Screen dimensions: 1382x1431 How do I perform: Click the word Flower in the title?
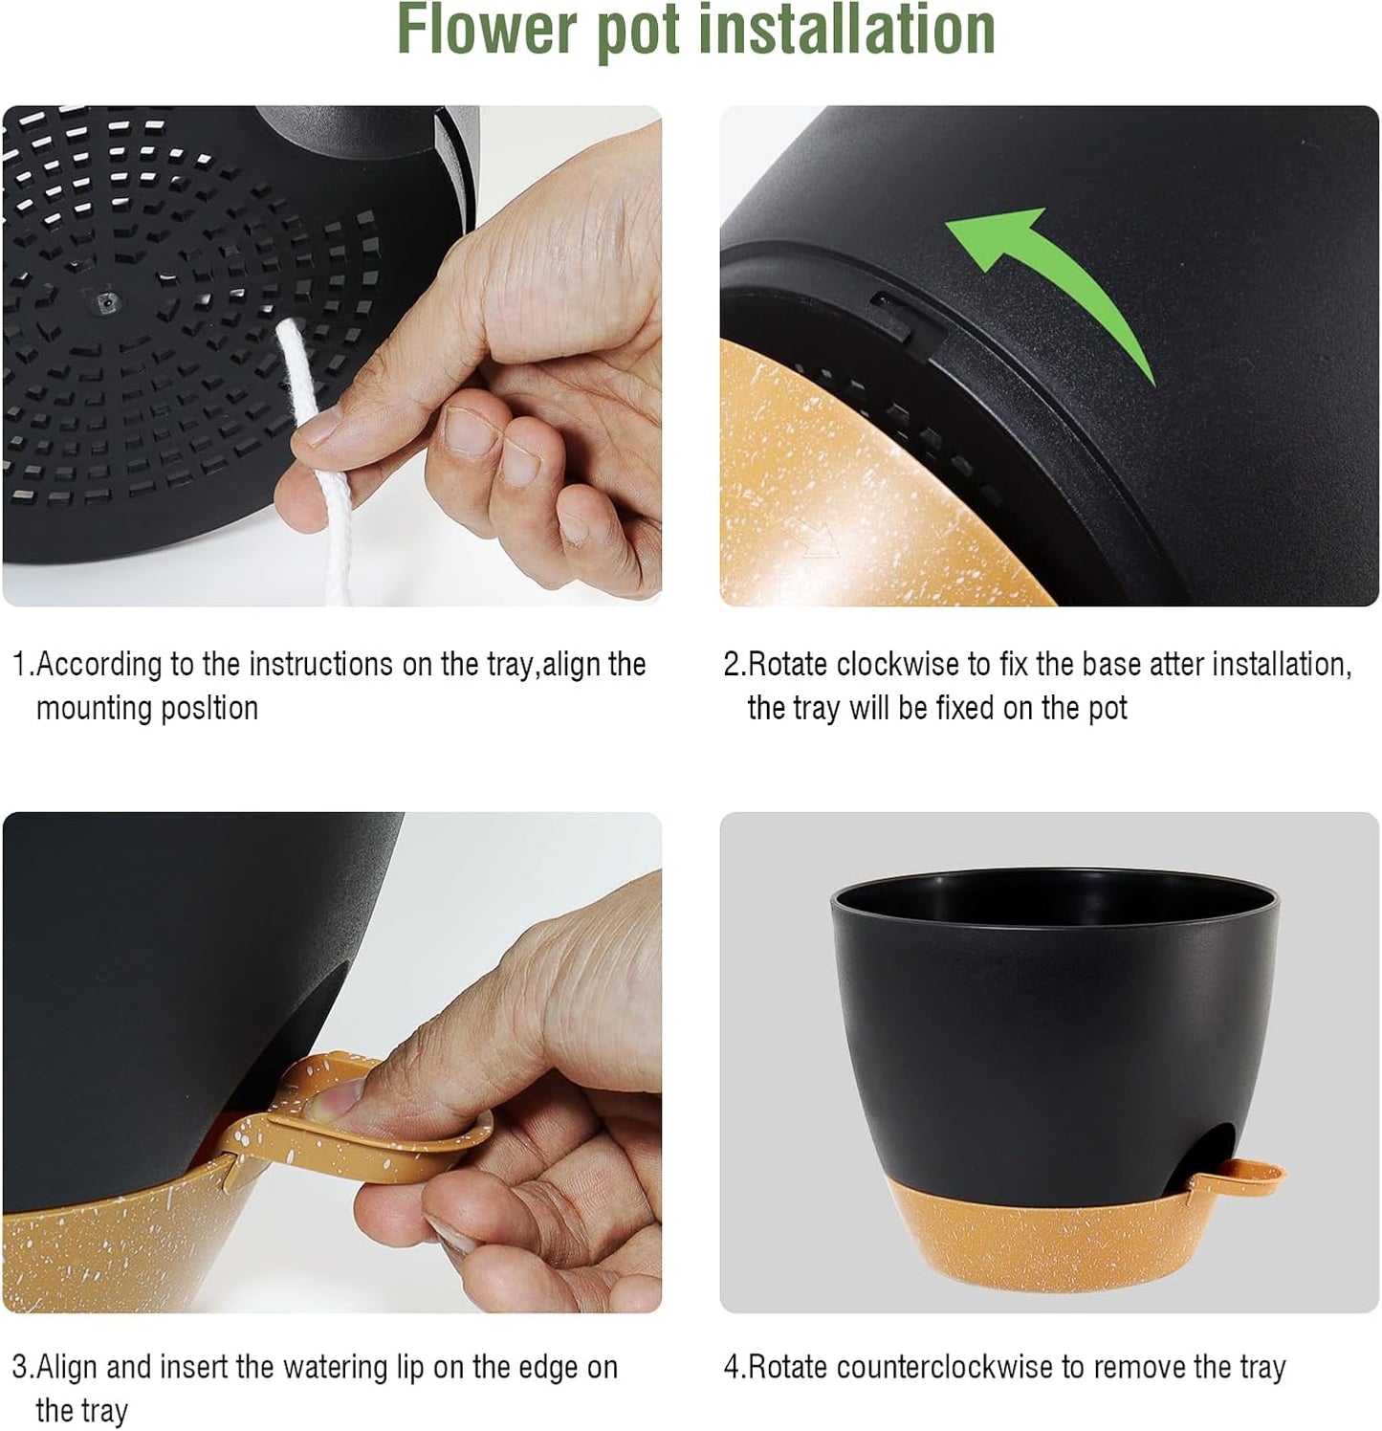point(487,31)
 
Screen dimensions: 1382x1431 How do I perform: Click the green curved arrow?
point(1052,287)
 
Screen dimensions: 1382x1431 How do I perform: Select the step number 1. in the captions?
point(23,664)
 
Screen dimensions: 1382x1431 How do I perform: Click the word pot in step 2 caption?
point(1108,709)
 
